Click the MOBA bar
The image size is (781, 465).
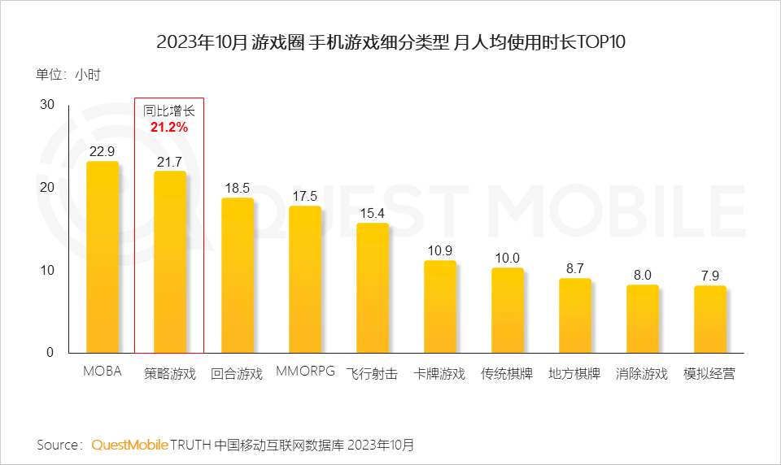tap(103, 257)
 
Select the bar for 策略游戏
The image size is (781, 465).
tap(170, 262)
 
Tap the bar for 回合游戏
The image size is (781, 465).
tap(238, 275)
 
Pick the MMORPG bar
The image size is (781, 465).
tap(305, 279)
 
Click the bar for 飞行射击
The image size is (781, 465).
tap(373, 288)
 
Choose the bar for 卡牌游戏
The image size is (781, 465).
tap(440, 306)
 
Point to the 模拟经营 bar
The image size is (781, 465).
tap(710, 319)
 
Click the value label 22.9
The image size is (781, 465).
tap(103, 151)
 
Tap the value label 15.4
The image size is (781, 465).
tap(373, 213)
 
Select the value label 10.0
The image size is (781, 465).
tap(508, 258)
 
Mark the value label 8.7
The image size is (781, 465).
tap(575, 268)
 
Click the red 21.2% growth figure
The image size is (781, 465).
tap(169, 127)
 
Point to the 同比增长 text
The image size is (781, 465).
tap(169, 111)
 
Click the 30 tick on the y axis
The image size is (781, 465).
tap(46, 105)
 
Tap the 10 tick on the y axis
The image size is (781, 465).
tap(46, 270)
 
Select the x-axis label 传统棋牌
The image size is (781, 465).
tap(507, 374)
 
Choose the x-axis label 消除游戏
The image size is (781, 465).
tap(642, 374)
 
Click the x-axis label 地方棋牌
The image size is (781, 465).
tap(574, 374)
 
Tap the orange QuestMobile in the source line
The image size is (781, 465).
tap(130, 445)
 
